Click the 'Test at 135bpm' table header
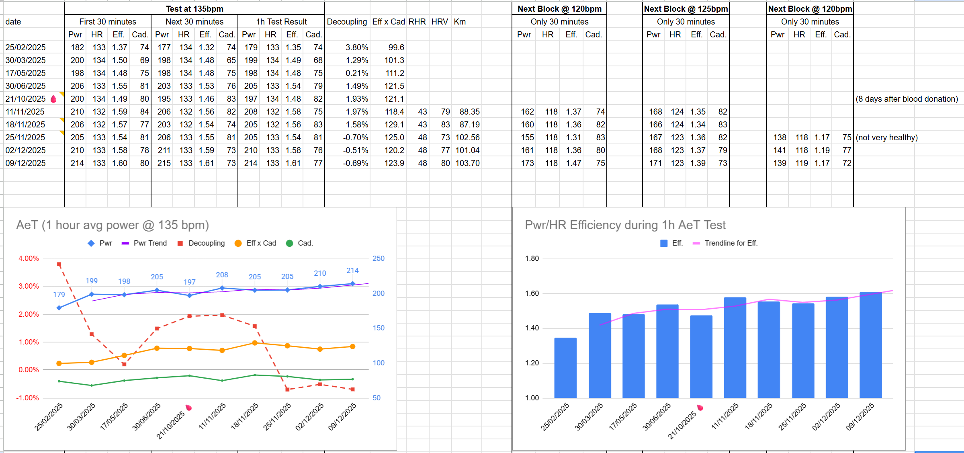pos(194,9)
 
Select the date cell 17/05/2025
pos(25,73)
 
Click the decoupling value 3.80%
pos(356,47)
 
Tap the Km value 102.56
pos(467,137)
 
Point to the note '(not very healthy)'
pos(886,137)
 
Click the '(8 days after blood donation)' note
pos(907,99)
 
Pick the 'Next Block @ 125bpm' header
pos(686,9)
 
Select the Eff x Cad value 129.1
pos(394,125)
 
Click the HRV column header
pos(439,22)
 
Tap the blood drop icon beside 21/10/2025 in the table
pos(53,99)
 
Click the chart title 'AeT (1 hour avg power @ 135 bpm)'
pos(113,225)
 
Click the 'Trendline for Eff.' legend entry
pos(731,243)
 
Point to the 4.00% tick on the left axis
pos(29,258)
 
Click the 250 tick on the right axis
pos(378,258)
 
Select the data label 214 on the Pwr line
pos(352,271)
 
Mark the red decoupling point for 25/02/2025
pos(59,264)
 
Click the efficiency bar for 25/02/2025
pos(565,368)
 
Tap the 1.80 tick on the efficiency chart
pos(532,258)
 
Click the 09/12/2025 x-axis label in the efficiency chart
pos(860,417)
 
